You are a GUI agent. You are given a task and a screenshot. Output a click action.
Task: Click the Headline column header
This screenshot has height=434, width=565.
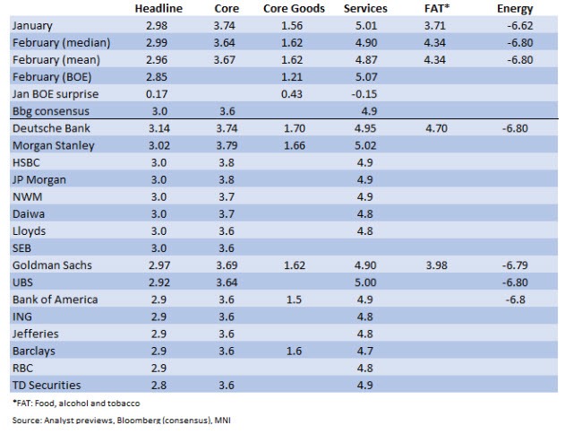click(x=158, y=8)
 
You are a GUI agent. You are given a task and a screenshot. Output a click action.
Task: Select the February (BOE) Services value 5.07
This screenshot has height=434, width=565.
click(x=363, y=77)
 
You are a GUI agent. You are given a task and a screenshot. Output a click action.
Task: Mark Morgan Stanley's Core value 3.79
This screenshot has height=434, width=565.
click(x=227, y=145)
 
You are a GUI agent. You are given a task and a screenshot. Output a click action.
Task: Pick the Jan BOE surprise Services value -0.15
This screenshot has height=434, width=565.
click(x=363, y=94)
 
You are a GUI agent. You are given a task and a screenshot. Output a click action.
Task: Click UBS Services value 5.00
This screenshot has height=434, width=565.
click(x=363, y=282)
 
